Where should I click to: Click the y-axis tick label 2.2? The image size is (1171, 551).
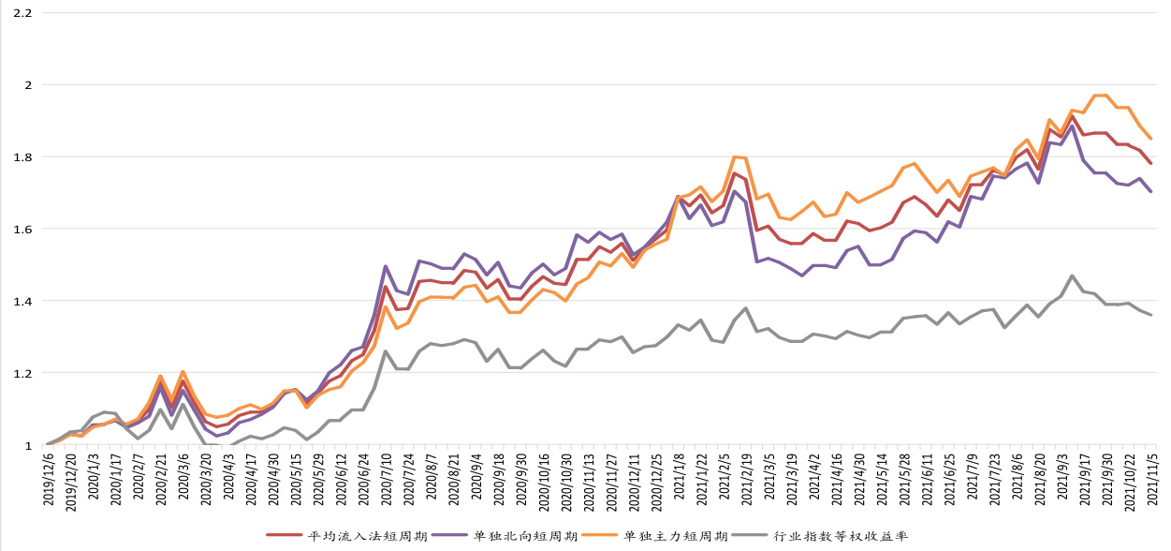coord(20,14)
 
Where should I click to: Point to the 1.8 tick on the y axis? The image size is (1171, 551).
coord(20,157)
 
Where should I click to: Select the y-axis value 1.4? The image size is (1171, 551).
coord(20,302)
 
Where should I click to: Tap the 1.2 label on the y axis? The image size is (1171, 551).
coord(20,374)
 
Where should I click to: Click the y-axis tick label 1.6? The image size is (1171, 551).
coord(20,230)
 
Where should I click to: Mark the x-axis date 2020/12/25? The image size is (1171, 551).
coord(655,482)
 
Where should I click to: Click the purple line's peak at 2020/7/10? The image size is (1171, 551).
coord(385,266)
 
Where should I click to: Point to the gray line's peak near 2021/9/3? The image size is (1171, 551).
coord(1072,275)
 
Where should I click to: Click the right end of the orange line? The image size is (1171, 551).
coord(1151,139)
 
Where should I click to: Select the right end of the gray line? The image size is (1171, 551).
coord(1151,315)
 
